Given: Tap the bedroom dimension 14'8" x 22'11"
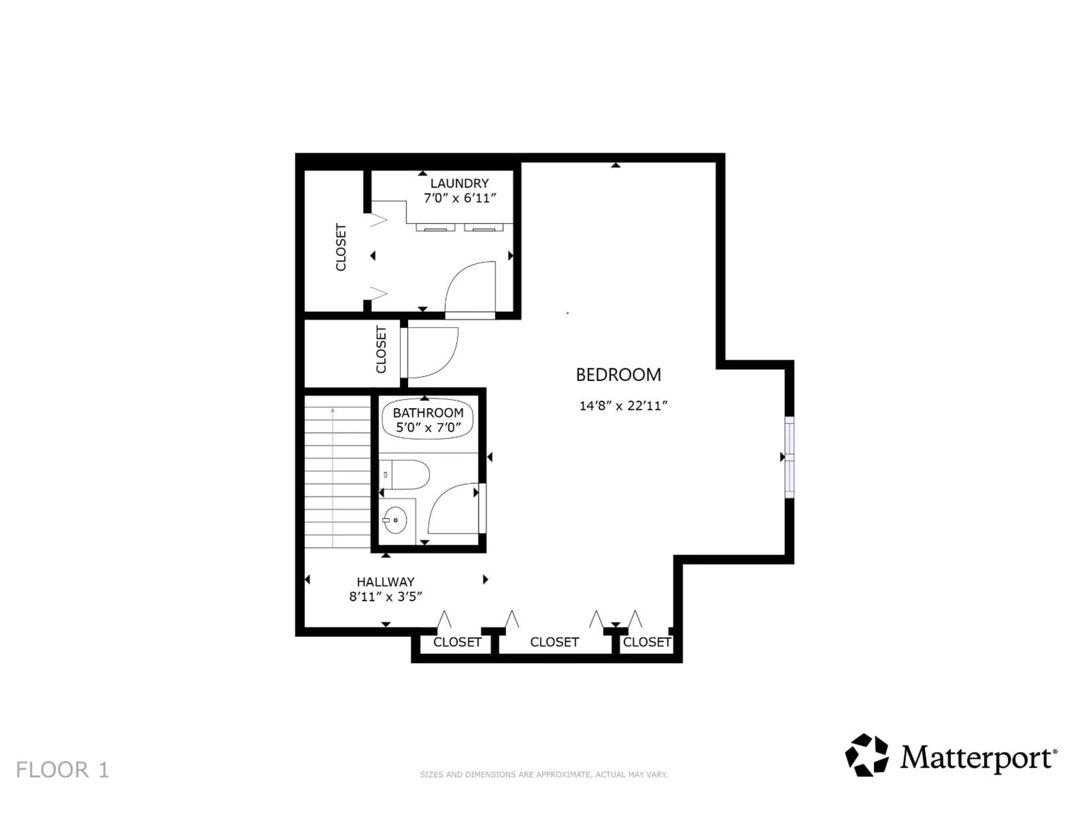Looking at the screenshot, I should [x=623, y=406].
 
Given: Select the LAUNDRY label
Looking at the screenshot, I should [x=459, y=184].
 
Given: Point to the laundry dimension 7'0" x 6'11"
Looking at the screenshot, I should [x=459, y=198].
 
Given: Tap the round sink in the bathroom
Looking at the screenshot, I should [x=395, y=520].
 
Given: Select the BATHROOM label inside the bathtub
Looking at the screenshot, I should [x=428, y=413].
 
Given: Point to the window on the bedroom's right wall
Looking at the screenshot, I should [x=789, y=457].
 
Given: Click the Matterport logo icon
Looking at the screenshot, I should [x=867, y=755].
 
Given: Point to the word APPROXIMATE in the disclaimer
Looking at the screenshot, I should [x=563, y=775].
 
